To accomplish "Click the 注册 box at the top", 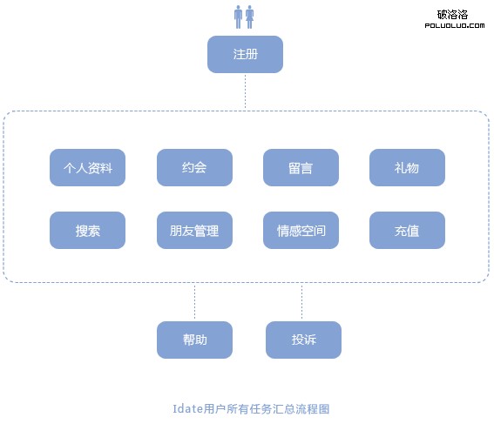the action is [x=245, y=54].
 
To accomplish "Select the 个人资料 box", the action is [x=88, y=167].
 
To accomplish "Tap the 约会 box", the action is [x=194, y=167].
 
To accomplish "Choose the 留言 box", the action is [x=301, y=167].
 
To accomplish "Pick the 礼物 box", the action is [x=408, y=167].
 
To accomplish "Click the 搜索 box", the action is [x=88, y=230].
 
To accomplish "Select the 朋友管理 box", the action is [x=194, y=230].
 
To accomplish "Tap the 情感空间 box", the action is [x=301, y=230].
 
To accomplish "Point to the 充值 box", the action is [x=408, y=230].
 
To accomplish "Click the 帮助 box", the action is [x=194, y=340].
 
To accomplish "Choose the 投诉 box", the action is [x=303, y=340].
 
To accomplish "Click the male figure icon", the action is [x=238, y=17].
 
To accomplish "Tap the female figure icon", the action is [x=250, y=17].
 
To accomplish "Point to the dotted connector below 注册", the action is [x=245, y=92].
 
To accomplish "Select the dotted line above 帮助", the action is [x=194, y=302].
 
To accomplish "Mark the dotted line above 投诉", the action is [x=301, y=302].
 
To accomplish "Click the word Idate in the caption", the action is [x=188, y=409].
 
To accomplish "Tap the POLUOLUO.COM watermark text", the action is [x=455, y=25].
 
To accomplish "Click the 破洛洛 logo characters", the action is [x=452, y=15].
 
